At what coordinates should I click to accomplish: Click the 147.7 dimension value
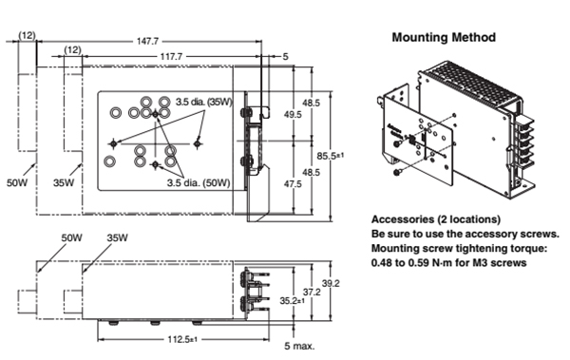(x=147, y=41)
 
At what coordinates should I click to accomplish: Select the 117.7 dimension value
(x=171, y=57)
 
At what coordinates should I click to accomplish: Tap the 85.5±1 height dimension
(x=330, y=156)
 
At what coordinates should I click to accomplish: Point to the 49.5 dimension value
(x=293, y=115)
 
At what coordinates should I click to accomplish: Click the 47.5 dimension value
(x=293, y=184)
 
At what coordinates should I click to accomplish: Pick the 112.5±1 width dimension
(x=182, y=339)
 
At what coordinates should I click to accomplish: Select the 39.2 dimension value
(x=331, y=283)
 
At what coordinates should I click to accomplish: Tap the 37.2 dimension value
(x=312, y=292)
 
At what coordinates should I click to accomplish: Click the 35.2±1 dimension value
(x=293, y=301)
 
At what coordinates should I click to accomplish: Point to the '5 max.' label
(x=299, y=346)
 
